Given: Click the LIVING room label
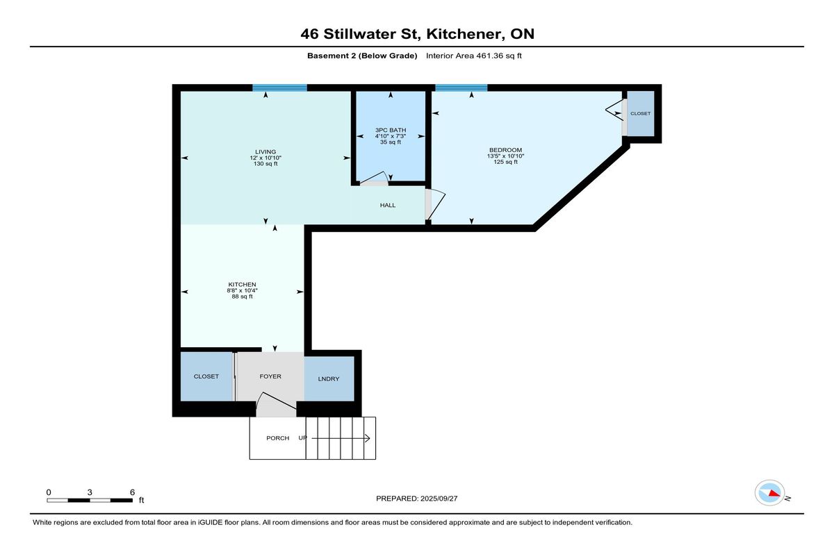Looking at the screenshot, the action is coord(265,152).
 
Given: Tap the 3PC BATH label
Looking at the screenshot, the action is coord(391,130).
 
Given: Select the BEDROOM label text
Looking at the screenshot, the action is coord(505,150).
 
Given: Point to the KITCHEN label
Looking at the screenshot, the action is coord(242,285).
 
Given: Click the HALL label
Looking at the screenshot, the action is coord(388,206).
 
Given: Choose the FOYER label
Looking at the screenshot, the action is coord(270,376).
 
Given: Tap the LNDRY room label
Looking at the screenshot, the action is coord(328,378).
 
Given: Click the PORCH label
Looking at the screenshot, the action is coord(278,438).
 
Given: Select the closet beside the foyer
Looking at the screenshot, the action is coord(206,376).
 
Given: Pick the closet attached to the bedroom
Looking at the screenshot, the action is coord(640,113).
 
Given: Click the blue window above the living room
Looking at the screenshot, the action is coord(279,87).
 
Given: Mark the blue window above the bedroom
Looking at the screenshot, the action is coord(461,87).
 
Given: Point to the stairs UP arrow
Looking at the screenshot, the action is coord(341,438).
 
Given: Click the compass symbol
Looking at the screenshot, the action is coord(770,493).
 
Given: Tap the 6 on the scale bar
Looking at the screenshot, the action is coord(132,492).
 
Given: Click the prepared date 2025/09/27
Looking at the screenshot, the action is coord(439,499).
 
